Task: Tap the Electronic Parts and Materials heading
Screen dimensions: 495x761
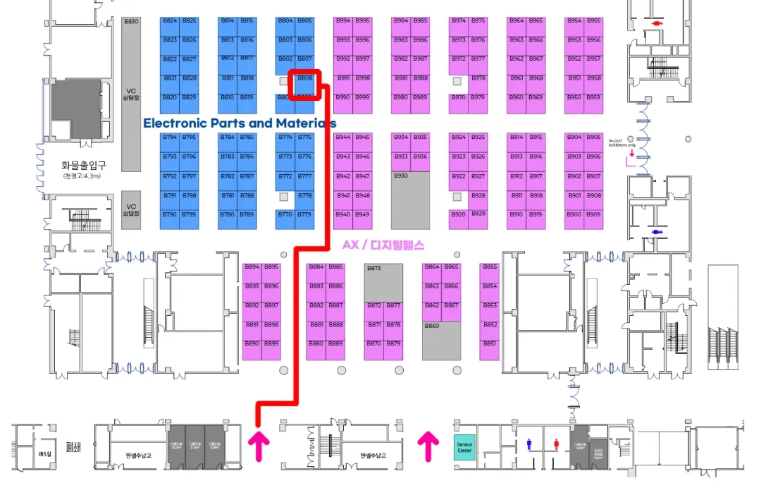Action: click(x=240, y=123)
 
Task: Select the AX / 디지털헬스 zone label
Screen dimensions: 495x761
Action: click(x=383, y=245)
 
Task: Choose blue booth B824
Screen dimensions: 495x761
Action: click(x=170, y=20)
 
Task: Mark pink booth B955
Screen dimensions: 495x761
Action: click(x=594, y=20)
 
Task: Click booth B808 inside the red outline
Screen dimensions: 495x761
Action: click(x=305, y=78)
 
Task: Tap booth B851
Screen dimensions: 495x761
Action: click(x=490, y=344)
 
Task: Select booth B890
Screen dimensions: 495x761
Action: click(x=252, y=344)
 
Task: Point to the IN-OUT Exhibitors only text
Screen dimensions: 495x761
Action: click(x=622, y=143)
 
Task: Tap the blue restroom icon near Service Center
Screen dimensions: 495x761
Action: click(x=529, y=444)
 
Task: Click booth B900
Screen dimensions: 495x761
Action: click(x=574, y=214)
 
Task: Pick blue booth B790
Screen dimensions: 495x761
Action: click(x=170, y=214)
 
